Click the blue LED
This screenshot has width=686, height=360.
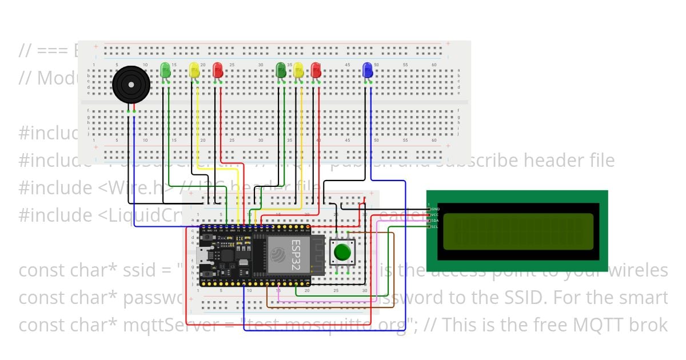tap(368, 70)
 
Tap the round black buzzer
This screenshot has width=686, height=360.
tap(131, 85)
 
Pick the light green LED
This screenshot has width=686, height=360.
tap(165, 70)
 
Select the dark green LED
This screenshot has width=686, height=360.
tap(281, 70)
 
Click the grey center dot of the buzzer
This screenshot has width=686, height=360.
tap(131, 85)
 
